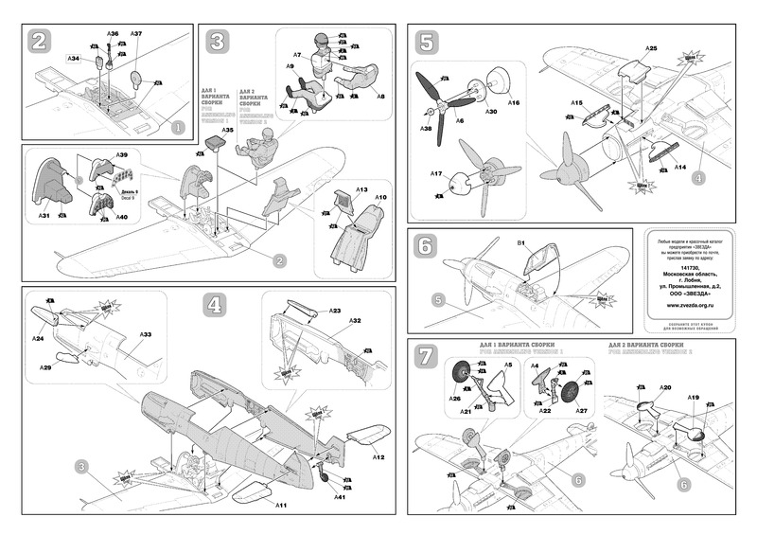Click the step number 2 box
click(x=40, y=42)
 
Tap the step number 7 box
click(x=427, y=356)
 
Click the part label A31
click(x=44, y=217)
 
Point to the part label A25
click(x=652, y=47)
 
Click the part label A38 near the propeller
click(x=427, y=129)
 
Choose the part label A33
click(x=147, y=335)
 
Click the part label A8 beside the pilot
click(x=379, y=96)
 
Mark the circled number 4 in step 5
click(x=696, y=177)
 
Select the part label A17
click(x=436, y=174)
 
